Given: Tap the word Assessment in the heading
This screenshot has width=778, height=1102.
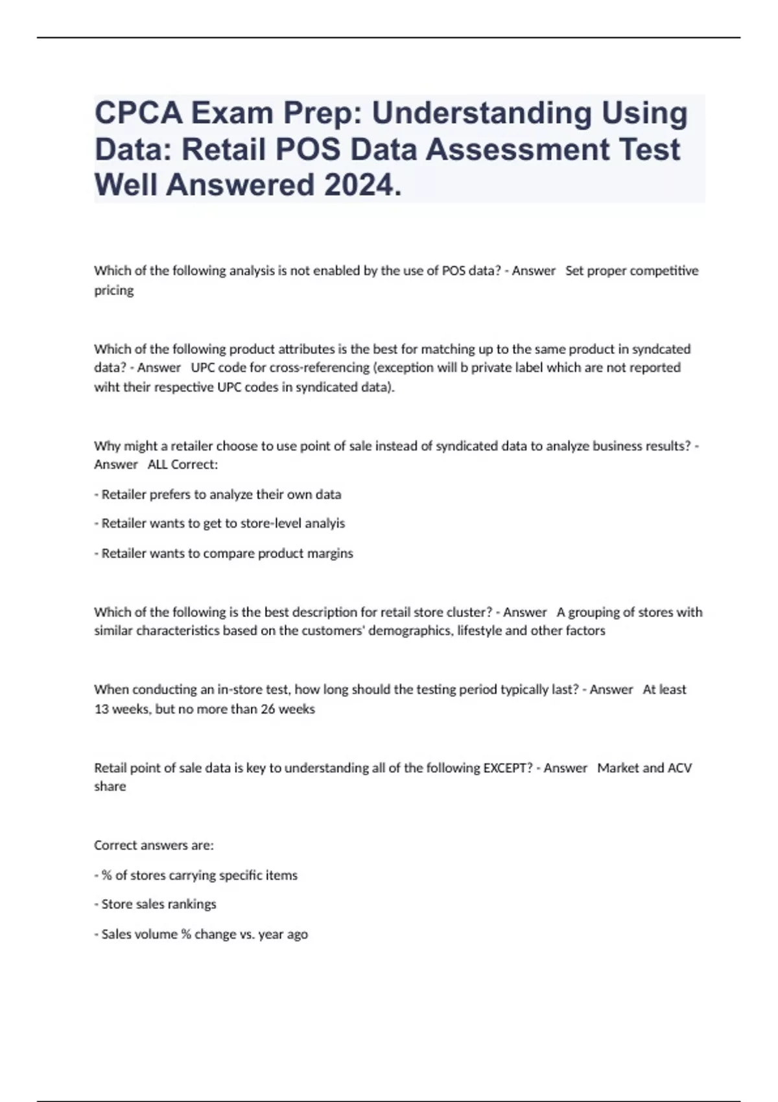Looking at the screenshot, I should tap(527, 150).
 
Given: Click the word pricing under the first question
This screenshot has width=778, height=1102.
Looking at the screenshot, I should tap(114, 290).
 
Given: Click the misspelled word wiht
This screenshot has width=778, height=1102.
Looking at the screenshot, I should tap(108, 387).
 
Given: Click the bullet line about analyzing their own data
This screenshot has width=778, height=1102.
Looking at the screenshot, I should tap(218, 494).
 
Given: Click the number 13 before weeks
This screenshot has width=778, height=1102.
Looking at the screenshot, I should tap(102, 709).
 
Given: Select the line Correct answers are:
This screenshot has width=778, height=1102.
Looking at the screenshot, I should tap(154, 845).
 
